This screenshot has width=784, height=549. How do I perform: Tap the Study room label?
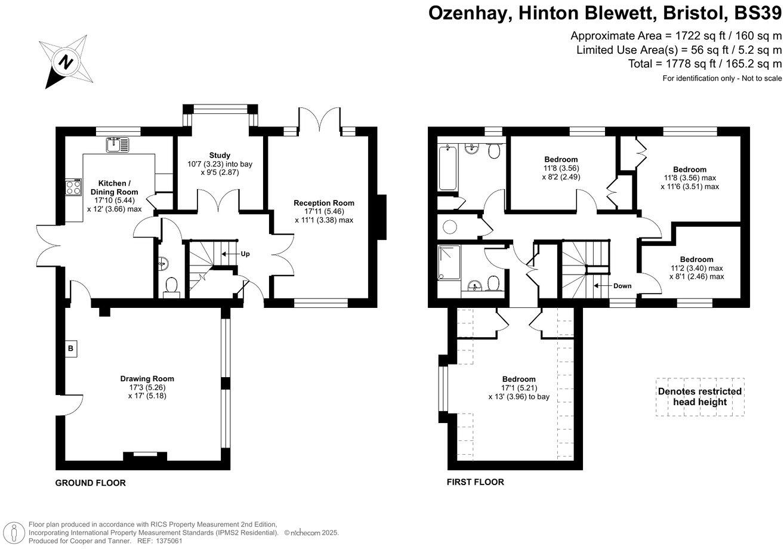click(x=220, y=155)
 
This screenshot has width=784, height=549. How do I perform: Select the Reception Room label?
click(x=323, y=203)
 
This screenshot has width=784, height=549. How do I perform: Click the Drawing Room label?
click(x=147, y=378)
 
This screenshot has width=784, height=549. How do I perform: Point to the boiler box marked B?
click(x=70, y=348)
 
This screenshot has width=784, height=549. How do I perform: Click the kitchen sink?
click(x=117, y=144)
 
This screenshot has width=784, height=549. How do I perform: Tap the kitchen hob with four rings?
click(x=73, y=188)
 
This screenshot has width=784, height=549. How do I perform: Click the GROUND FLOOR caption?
click(x=90, y=483)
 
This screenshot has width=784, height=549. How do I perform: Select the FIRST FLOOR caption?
click(x=475, y=482)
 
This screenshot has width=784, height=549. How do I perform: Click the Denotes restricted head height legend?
click(x=699, y=397)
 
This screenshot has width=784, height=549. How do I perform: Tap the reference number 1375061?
click(x=167, y=541)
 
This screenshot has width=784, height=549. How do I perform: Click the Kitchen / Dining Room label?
click(x=113, y=187)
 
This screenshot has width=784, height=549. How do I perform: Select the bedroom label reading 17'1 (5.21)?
click(x=518, y=388)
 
